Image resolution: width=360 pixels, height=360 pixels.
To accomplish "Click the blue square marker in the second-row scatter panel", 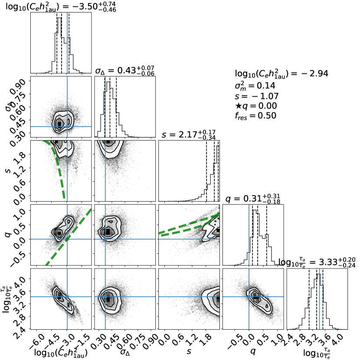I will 67,126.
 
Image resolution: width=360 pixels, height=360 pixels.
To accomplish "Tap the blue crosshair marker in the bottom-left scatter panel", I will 67,297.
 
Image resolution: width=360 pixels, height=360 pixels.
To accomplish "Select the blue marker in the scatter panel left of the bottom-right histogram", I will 249,297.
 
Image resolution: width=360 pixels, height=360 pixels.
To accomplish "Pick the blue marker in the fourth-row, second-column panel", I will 105,239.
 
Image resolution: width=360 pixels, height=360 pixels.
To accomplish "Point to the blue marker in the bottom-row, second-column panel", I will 105,297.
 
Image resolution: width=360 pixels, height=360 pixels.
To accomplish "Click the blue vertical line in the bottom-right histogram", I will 320,299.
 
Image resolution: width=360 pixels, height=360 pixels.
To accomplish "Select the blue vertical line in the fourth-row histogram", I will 249,234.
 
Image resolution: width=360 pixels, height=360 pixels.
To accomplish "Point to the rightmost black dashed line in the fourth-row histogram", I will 267,234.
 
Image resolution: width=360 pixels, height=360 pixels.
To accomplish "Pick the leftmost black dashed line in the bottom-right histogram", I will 309,299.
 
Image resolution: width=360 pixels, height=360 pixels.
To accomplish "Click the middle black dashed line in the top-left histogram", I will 62,43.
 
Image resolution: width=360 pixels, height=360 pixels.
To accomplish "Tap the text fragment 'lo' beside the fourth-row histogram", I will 281,262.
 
